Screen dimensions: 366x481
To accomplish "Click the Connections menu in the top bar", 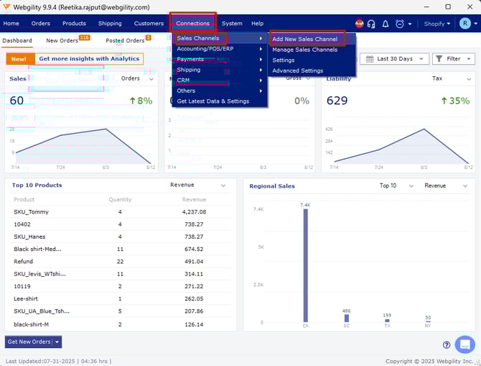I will [x=192, y=24].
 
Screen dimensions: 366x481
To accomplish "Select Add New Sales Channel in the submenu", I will [x=304, y=39].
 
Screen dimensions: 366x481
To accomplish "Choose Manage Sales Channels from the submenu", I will [x=304, y=50].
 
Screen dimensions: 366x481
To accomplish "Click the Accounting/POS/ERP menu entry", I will [x=205, y=49].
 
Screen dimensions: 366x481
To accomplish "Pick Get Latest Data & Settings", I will [x=213, y=101].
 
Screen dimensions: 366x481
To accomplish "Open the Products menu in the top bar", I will [x=74, y=24].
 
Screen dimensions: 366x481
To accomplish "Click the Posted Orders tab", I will [x=125, y=41].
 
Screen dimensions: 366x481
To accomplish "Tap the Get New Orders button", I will [x=29, y=342].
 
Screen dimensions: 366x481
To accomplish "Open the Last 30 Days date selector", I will [x=394, y=59].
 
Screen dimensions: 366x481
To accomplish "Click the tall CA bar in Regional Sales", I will [x=305, y=266].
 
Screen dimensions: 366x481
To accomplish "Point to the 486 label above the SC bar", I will [x=346, y=311].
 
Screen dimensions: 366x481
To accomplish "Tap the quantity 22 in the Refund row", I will [x=120, y=262].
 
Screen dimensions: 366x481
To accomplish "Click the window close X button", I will [x=467, y=6].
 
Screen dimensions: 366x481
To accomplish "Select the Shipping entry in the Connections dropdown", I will [x=189, y=70].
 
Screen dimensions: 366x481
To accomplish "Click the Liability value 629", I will [x=337, y=101].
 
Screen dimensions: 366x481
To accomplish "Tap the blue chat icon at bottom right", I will [x=464, y=344].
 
